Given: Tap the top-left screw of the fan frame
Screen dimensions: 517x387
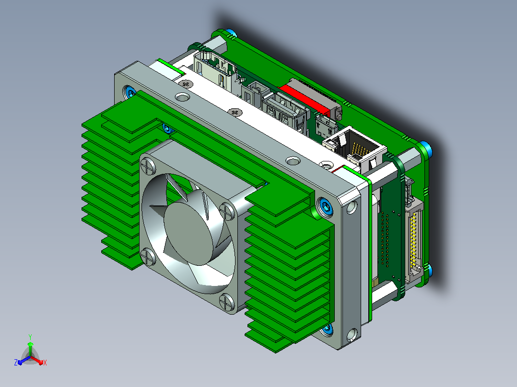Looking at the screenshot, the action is pyautogui.click(x=148, y=166).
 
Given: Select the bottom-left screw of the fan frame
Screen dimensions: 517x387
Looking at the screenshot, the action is pyautogui.click(x=148, y=257).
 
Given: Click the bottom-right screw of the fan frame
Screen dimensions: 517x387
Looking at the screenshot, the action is pyautogui.click(x=227, y=302).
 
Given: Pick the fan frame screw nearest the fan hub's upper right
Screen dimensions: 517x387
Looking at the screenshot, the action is pyautogui.click(x=227, y=211).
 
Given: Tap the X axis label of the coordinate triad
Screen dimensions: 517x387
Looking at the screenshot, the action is pyautogui.click(x=45, y=363).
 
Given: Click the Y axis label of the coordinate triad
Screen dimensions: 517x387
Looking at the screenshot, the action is pyautogui.click(x=30, y=337).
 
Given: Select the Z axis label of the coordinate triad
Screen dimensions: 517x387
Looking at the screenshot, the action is pyautogui.click(x=16, y=363).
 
